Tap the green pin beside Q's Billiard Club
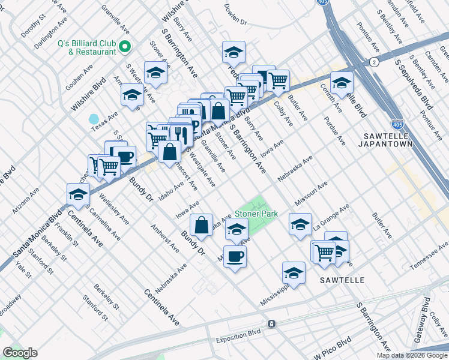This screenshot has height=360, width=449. (125, 46)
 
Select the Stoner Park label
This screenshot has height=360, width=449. (256, 214)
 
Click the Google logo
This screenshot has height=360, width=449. (20, 353)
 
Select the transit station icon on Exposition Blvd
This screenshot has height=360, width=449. (272, 324)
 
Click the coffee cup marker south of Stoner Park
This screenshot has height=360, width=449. (235, 256)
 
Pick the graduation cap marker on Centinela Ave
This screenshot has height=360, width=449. (78, 194)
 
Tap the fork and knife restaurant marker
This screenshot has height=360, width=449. (180, 135)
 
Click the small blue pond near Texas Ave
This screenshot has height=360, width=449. (94, 119)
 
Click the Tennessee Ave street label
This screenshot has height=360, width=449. (429, 252)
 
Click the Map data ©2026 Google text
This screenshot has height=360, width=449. (412, 355)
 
